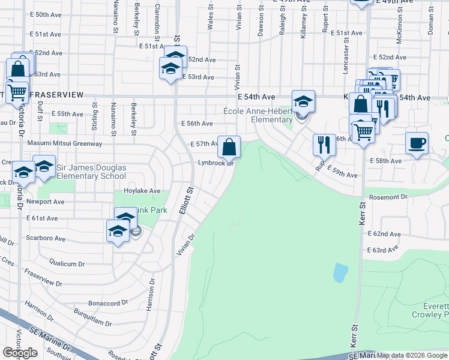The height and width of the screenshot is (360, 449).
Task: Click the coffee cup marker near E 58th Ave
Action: pyautogui.click(x=417, y=143)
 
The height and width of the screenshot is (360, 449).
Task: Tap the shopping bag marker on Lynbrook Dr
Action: pyautogui.click(x=229, y=146)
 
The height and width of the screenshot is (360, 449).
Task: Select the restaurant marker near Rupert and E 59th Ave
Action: pyautogui.click(x=324, y=144)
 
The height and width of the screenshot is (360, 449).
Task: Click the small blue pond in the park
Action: pyautogui.click(x=340, y=272)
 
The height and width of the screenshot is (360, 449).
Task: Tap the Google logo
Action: pyautogui.click(x=20, y=353)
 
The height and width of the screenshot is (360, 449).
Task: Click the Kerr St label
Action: pyautogui.click(x=363, y=213)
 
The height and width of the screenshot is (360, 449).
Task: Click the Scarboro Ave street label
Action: pyautogui.click(x=46, y=238)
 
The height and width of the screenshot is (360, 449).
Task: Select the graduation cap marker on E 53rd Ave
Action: pyautogui.click(x=170, y=69)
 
